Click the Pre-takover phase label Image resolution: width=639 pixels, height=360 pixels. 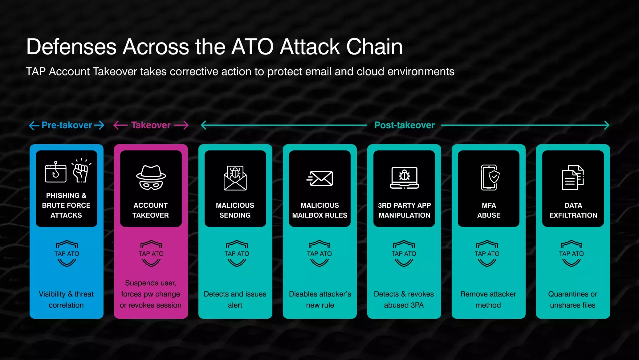[x=67, y=125]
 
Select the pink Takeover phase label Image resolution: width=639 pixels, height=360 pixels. [x=151, y=125]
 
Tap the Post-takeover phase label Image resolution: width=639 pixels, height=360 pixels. [x=405, y=125]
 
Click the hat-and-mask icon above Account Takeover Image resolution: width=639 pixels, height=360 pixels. [x=151, y=178]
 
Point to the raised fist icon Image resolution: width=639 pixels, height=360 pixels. [x=81, y=170]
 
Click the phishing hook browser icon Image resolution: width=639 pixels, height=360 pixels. [x=56, y=172]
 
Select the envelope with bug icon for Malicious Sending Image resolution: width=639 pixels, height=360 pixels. [x=235, y=178]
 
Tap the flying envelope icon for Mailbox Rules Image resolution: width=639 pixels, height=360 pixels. [x=320, y=178]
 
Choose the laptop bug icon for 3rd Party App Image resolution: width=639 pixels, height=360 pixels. [x=404, y=178]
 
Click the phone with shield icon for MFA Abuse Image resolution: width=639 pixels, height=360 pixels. [x=490, y=178]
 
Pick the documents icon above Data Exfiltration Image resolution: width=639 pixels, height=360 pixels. [x=573, y=178]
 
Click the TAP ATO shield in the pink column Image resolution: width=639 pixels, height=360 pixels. [x=151, y=253]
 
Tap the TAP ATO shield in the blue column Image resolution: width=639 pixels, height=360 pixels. [x=67, y=253]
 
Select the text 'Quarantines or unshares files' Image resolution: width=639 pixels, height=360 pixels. [x=573, y=300]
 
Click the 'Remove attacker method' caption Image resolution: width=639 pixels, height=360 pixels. [x=488, y=300]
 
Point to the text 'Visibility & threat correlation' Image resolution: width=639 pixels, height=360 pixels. [x=66, y=300]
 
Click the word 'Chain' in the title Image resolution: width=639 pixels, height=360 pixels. [x=374, y=47]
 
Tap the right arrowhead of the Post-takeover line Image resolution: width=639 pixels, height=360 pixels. [x=607, y=125]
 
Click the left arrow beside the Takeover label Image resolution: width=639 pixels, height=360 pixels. [x=120, y=125]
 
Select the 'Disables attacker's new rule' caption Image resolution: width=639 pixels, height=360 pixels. [x=320, y=300]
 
